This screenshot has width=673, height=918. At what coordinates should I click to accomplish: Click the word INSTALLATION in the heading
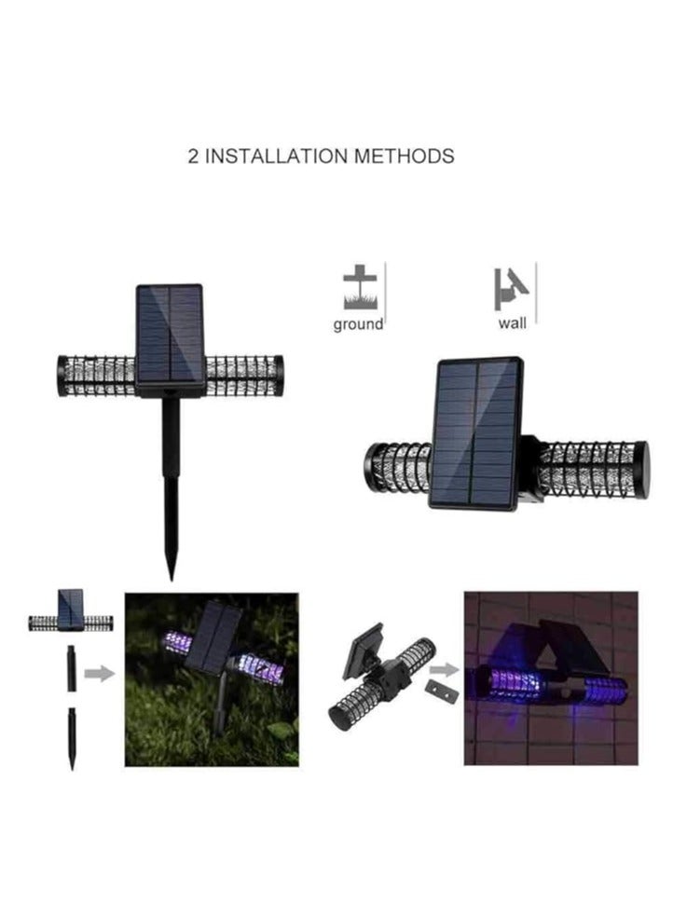(x=276, y=156)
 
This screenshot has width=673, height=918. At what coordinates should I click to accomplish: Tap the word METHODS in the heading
(x=405, y=156)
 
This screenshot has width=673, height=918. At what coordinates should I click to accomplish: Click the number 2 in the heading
(x=194, y=156)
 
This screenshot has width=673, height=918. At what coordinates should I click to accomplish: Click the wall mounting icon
(x=511, y=287)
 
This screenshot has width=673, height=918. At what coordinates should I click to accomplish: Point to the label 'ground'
(x=359, y=324)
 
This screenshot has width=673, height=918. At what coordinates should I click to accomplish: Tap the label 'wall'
(x=512, y=323)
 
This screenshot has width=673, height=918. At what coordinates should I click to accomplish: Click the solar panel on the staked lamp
(x=170, y=334)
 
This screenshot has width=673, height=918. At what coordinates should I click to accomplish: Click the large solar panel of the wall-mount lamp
(x=475, y=433)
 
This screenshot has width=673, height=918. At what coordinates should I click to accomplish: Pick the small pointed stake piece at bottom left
(x=72, y=737)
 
